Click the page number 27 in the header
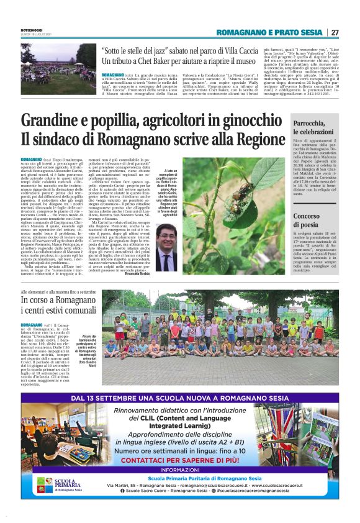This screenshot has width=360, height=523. point(335,32)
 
